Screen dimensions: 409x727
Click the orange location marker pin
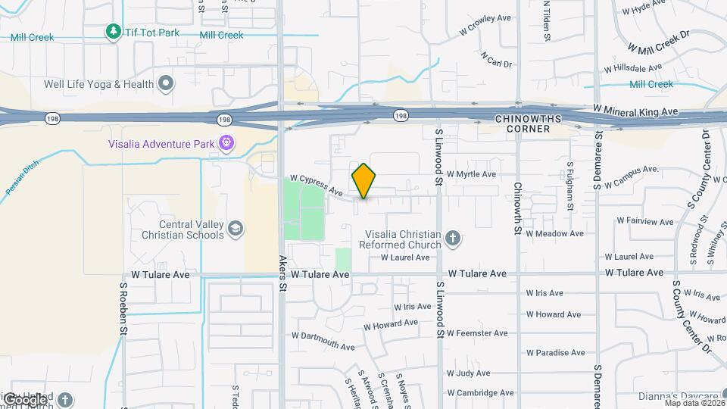tap(363, 181)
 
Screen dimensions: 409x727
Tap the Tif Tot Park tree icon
tap(113, 32)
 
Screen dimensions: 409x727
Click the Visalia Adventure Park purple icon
tap(226, 142)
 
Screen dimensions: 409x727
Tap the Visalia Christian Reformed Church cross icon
tap(452, 239)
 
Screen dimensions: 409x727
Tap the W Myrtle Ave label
tap(471, 174)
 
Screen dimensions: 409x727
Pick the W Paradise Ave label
tap(555, 352)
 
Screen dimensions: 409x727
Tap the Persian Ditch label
tap(22, 181)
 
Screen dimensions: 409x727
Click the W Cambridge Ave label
tap(481, 392)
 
